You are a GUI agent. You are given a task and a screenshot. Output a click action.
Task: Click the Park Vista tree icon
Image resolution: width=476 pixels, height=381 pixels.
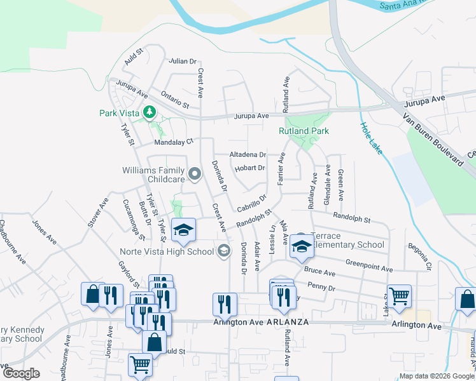[150, 112]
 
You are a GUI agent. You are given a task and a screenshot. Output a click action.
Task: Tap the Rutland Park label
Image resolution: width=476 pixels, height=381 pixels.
[304, 131]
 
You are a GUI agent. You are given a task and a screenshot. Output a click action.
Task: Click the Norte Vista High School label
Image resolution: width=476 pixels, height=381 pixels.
[167, 251]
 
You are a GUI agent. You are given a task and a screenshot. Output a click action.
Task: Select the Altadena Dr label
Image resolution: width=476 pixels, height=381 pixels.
[247, 154]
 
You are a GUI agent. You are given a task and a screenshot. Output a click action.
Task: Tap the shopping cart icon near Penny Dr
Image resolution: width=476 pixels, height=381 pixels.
[399, 295]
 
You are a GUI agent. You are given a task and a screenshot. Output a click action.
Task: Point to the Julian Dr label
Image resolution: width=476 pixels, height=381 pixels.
[182, 62]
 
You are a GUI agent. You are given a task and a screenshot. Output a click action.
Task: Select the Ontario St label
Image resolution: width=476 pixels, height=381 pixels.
[175, 98]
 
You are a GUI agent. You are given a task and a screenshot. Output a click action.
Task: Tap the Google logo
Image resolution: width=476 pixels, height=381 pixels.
[21, 373]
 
